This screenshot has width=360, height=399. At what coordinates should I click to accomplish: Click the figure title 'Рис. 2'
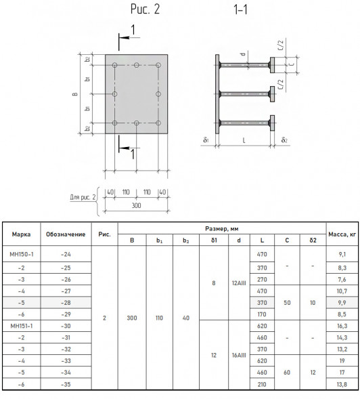coord(145,9)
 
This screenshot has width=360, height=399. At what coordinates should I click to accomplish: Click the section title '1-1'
coord(240,9)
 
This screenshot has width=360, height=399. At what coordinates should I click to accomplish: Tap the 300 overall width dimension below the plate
coord(136,205)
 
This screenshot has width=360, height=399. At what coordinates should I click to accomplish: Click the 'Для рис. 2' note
coord(83,197)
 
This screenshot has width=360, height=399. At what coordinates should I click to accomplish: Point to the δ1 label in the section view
coord(206,140)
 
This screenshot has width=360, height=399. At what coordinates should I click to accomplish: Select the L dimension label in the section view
coord(244,140)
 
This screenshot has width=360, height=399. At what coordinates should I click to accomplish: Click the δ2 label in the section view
coord(284,140)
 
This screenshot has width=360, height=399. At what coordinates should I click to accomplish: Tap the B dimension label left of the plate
coord(75,94)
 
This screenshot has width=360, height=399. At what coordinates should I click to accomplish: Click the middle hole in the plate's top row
coord(137,65)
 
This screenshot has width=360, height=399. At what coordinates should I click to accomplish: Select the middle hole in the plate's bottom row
coord(137,123)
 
